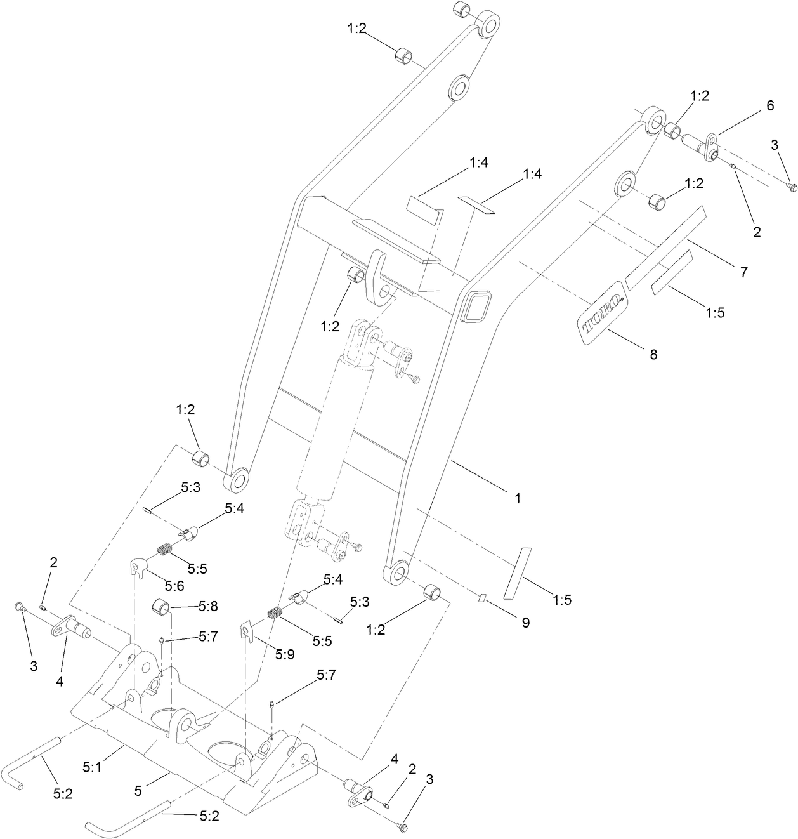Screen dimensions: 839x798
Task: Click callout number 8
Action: [653, 354]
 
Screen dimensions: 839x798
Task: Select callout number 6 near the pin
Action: [769, 105]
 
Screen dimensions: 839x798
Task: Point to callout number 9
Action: [525, 623]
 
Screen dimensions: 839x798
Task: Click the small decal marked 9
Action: [481, 597]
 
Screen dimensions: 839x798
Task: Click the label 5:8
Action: [208, 607]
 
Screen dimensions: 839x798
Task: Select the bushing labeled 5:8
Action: [160, 607]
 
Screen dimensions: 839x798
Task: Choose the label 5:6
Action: [174, 585]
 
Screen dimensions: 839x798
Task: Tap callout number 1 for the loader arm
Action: [518, 498]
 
